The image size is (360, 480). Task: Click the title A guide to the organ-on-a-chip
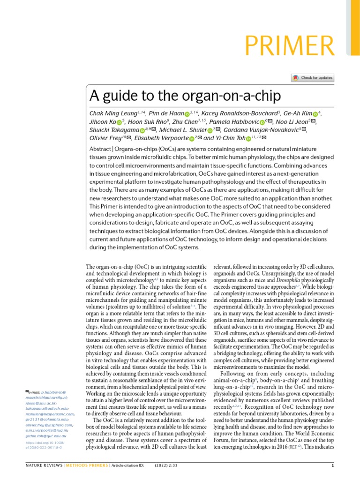(x=185, y=96)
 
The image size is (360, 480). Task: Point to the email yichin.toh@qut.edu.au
(x=47, y=436)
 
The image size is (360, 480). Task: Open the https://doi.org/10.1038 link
(x=45, y=442)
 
